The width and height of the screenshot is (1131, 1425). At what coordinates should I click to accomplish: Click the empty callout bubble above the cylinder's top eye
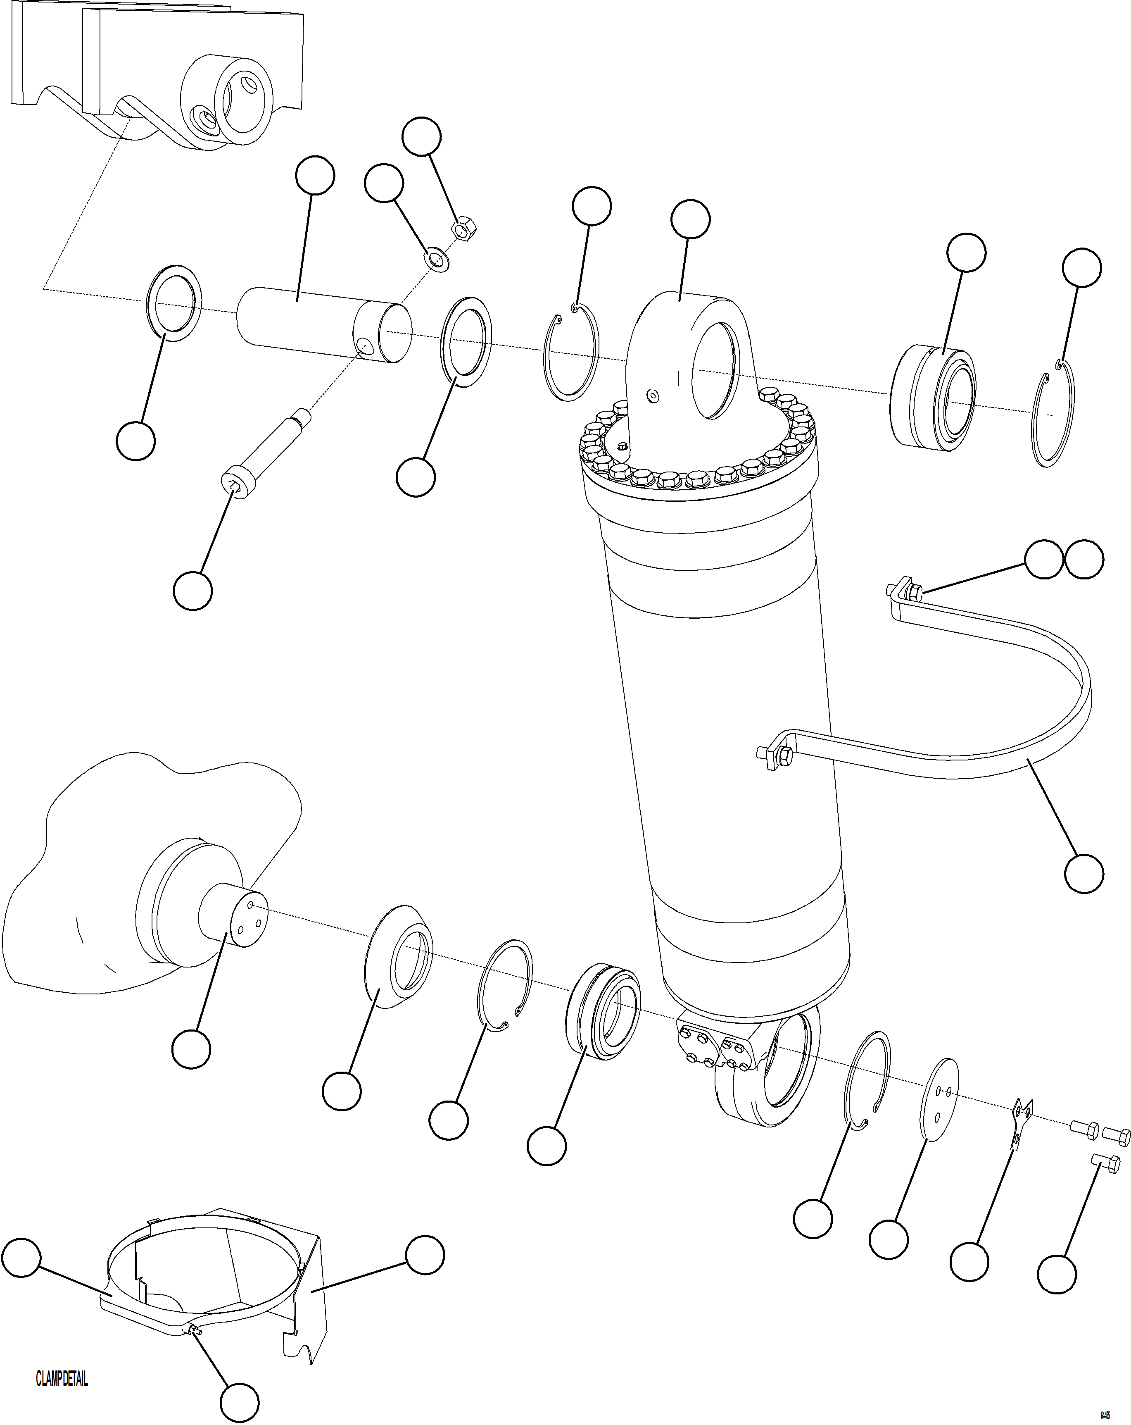690,220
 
